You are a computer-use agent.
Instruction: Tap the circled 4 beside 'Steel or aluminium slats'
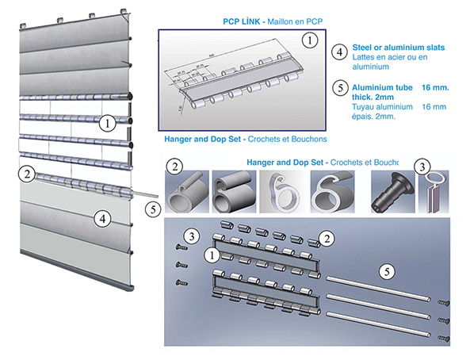tap(339, 52)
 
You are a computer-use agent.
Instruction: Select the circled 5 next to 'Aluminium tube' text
tap(339, 88)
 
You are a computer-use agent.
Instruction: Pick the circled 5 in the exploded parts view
tap(385, 270)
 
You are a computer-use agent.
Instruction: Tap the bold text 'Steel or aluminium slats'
tap(398, 48)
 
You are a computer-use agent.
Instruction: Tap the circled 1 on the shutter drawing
tap(105, 122)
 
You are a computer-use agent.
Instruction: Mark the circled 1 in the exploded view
tap(211, 255)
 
